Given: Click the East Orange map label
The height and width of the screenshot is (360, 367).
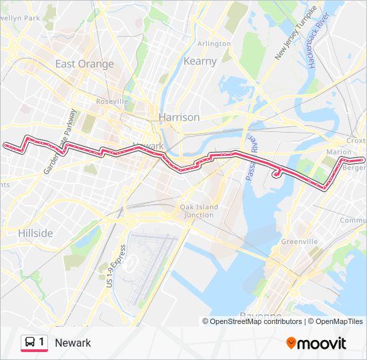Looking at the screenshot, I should [84, 64].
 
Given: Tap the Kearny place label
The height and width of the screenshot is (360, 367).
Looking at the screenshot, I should [200, 61].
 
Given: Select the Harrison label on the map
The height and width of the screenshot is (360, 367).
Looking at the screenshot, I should [179, 117].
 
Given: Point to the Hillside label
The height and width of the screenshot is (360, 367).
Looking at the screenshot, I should [35, 233].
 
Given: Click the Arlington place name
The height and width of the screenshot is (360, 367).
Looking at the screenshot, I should [214, 43].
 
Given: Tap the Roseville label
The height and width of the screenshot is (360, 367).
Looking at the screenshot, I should [112, 101].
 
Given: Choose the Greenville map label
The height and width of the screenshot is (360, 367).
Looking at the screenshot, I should [299, 241].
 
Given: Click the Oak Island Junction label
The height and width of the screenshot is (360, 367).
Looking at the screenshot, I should [199, 211].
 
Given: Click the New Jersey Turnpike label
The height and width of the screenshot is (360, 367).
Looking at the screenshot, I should [297, 40].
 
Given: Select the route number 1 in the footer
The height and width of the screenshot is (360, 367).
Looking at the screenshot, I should [41, 343].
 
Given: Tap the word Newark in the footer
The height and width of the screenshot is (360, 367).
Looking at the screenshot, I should [73, 343].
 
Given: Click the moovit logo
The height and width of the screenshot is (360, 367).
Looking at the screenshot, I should [316, 343].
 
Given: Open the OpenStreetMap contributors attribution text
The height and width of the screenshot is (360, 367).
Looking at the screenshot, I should [256, 321].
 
